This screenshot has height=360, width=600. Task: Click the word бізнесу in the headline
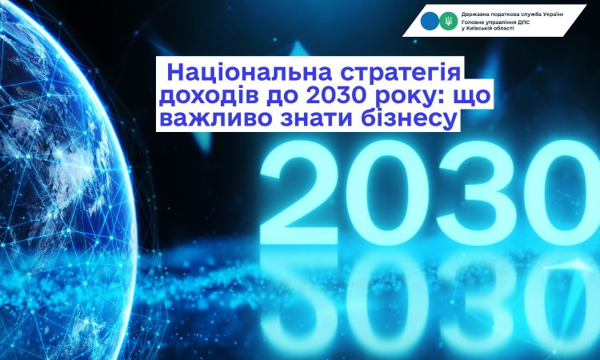(410, 119)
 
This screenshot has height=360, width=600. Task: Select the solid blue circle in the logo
(430, 21)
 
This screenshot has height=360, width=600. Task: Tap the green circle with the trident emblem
(449, 21)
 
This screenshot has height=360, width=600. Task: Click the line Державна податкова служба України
(512, 14)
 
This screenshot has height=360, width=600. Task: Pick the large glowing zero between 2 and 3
(388, 192)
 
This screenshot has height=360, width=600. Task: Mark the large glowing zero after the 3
(563, 192)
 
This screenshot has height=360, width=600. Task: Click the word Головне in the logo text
(471, 22)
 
